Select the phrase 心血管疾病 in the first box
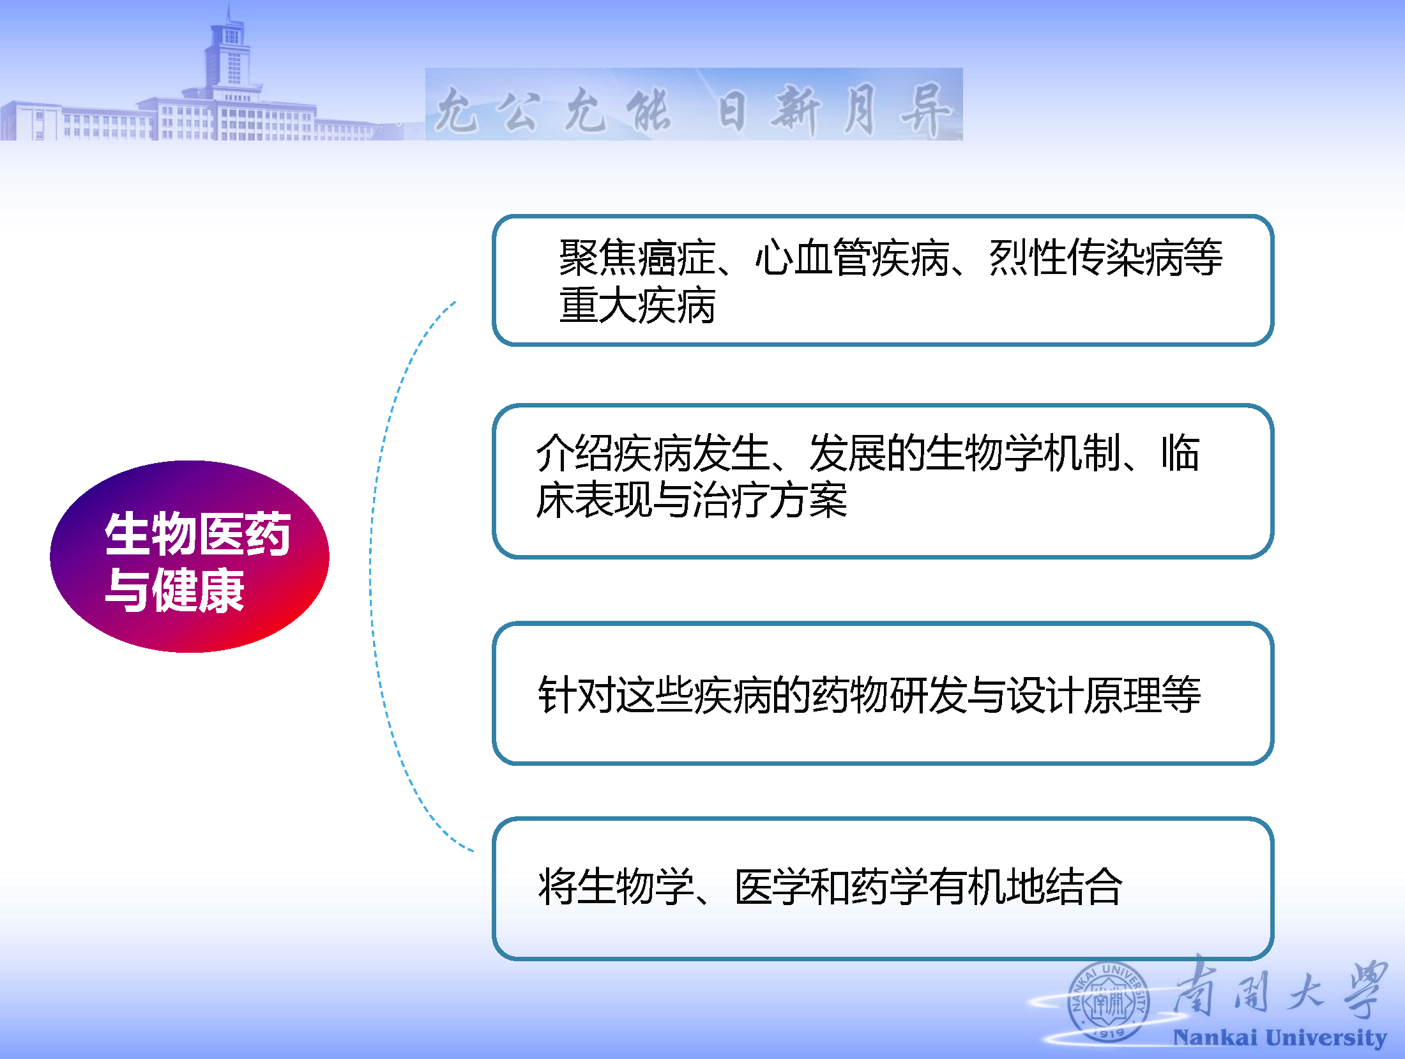click(853, 258)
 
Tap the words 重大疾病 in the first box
click(637, 306)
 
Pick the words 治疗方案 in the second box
click(770, 500)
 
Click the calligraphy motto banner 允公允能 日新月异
click(694, 105)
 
